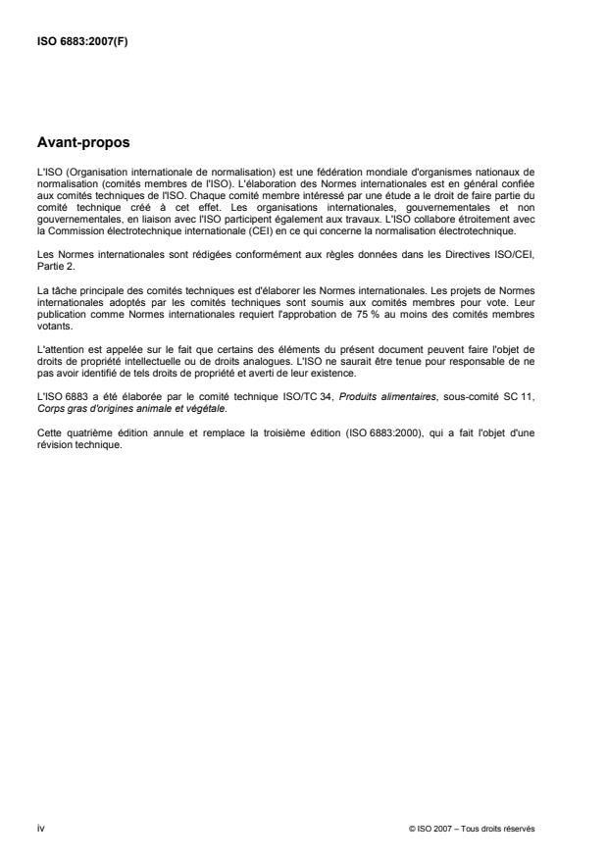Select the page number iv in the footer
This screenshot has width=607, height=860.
(x=40, y=828)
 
